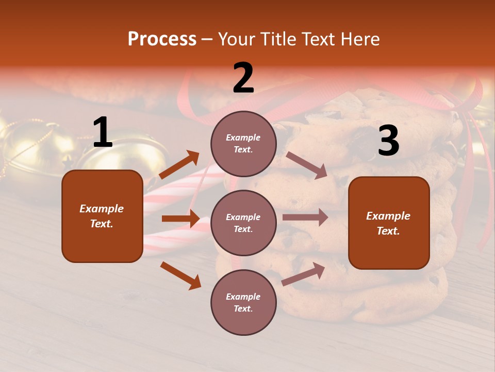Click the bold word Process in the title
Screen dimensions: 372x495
(162, 39)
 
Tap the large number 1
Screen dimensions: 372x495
(103, 133)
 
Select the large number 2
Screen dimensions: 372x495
(243, 78)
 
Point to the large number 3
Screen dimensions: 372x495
(388, 141)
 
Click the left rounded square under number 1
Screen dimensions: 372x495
(102, 216)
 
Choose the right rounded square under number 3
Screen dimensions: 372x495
(389, 223)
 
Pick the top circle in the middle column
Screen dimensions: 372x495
(243, 144)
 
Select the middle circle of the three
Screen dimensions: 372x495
(243, 223)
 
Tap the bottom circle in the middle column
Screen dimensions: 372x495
(243, 302)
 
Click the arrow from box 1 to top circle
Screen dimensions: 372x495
(179, 165)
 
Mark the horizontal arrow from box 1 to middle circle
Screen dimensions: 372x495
(180, 219)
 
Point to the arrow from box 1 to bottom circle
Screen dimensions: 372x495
(180, 275)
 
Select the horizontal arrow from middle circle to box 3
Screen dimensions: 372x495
(305, 218)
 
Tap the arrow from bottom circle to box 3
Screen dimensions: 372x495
(303, 274)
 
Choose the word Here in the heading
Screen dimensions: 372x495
(359, 39)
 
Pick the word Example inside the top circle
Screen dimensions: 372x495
(243, 137)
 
